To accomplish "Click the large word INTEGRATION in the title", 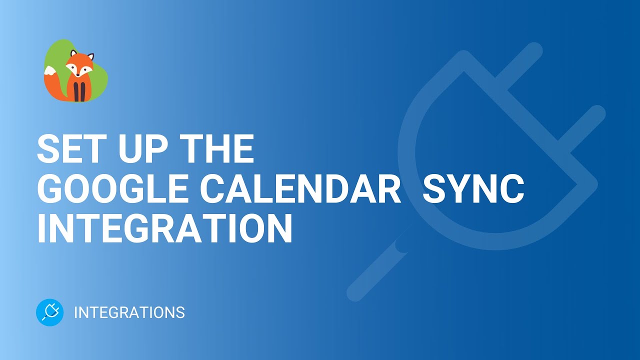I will coord(165,230).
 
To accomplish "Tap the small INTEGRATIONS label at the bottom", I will coord(129,313).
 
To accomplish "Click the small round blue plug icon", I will coord(50,312).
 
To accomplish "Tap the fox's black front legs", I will coord(79,92).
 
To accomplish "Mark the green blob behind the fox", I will coord(98,75).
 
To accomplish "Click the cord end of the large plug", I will coord(370,272).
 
